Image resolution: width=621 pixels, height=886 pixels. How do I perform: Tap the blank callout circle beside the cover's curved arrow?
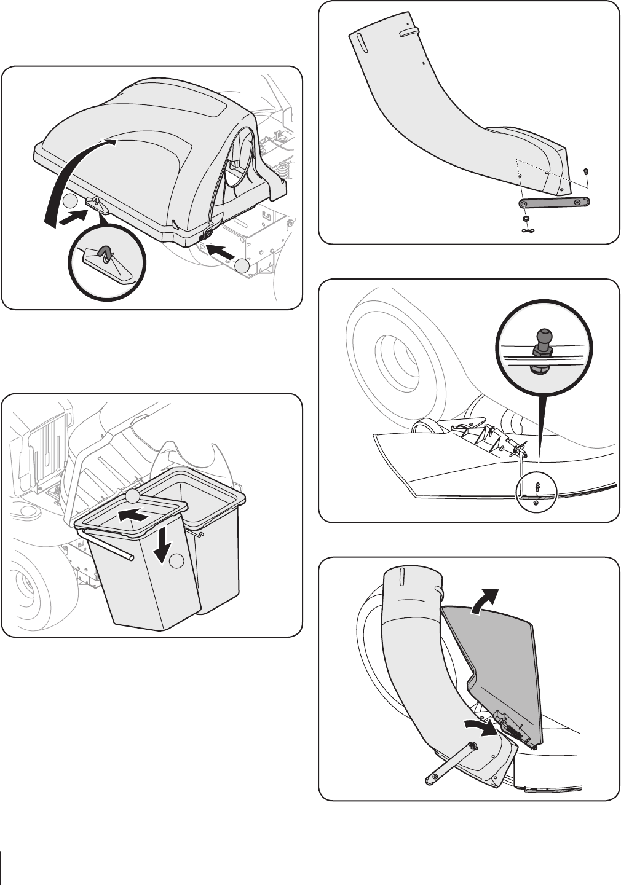pyautogui.click(x=70, y=202)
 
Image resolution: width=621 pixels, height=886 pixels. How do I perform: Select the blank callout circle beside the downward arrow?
pyautogui.click(x=178, y=560)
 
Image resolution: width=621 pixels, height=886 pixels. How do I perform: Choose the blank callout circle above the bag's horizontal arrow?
pyautogui.click(x=133, y=496)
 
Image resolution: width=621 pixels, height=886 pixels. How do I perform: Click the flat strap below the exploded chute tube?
pyautogui.click(x=553, y=202)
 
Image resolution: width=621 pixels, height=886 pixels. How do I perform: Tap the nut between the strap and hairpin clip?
pyautogui.click(x=526, y=218)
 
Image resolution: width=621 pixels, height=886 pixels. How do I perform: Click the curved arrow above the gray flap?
pyautogui.click(x=486, y=600)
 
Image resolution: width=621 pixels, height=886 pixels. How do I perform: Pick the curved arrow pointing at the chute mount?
pyautogui.click(x=481, y=728)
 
